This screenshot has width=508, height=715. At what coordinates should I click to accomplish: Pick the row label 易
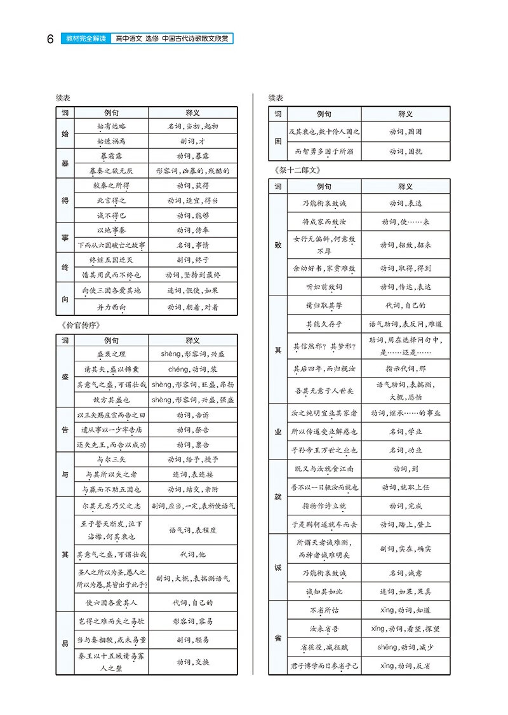coord(65,643)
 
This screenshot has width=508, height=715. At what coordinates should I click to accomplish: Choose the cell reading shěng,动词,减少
coord(405,647)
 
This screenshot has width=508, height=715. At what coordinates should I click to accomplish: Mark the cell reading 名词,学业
coord(405,432)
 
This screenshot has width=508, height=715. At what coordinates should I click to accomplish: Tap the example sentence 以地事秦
coord(112,230)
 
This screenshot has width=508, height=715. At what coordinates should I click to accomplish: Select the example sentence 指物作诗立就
coord(324,506)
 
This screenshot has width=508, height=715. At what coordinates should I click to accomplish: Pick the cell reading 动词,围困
coord(405,132)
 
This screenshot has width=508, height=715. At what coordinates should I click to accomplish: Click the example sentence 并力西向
coord(112,308)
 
